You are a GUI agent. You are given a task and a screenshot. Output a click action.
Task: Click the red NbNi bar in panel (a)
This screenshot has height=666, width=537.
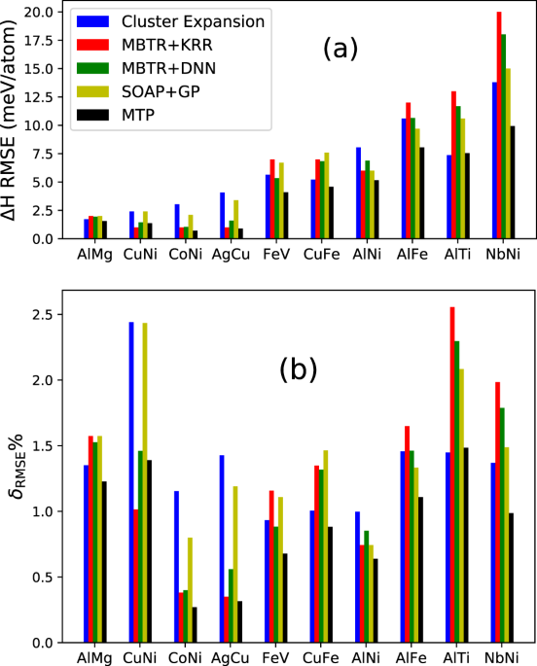(x=499, y=125)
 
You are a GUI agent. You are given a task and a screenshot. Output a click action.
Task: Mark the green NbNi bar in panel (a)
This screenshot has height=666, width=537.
(x=504, y=136)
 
